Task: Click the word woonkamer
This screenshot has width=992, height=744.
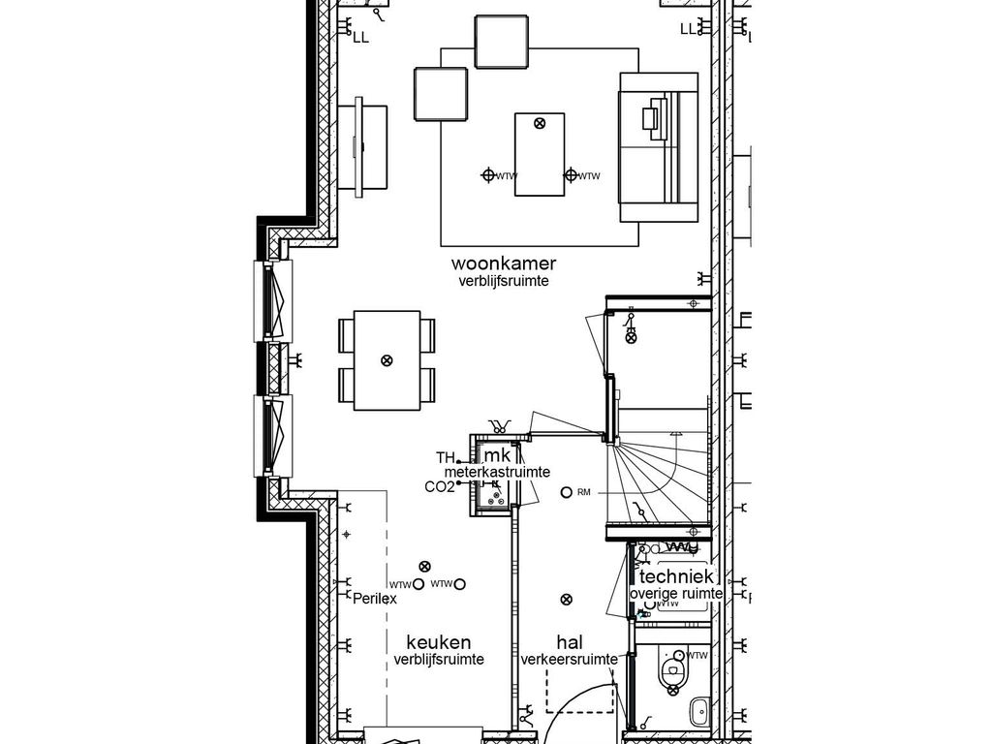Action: click(x=503, y=263)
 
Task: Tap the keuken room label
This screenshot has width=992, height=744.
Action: click(x=438, y=642)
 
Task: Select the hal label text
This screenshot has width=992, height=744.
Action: click(x=570, y=642)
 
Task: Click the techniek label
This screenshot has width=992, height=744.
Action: click(x=676, y=576)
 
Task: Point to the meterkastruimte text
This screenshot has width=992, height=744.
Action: click(x=497, y=472)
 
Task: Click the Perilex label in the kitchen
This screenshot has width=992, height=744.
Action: click(x=375, y=599)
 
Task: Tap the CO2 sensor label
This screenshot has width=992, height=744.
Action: click(x=439, y=487)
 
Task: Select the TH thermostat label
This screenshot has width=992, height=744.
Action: click(x=445, y=457)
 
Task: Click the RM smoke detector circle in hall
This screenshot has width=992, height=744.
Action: click(x=567, y=492)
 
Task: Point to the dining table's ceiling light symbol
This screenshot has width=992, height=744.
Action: click(x=387, y=360)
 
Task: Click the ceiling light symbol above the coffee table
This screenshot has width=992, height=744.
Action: click(x=540, y=123)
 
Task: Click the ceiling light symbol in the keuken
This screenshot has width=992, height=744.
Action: click(x=423, y=566)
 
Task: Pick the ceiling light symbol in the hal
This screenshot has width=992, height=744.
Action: click(x=566, y=600)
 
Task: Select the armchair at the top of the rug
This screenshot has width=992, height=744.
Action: click(x=502, y=42)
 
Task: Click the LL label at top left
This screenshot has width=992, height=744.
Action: click(x=360, y=37)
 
